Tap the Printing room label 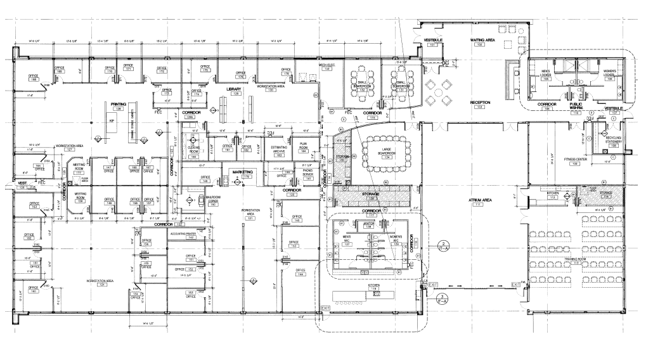118,105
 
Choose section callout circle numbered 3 444,297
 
